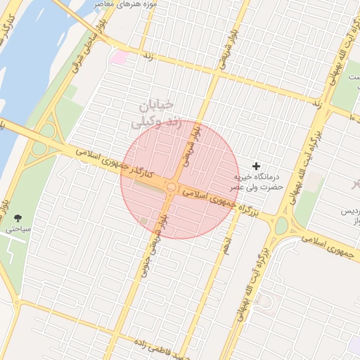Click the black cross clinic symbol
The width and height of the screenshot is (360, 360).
[x=255, y=165]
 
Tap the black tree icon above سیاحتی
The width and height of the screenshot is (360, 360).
[x=18, y=219]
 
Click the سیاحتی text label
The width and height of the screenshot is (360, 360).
[x=15, y=230]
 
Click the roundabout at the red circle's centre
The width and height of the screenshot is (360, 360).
[x=172, y=186]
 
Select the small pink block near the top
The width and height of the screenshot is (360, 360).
[x=117, y=56]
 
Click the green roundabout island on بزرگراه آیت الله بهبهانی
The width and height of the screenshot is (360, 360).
[x=281, y=226]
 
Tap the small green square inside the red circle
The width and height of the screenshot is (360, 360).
[x=144, y=221]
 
